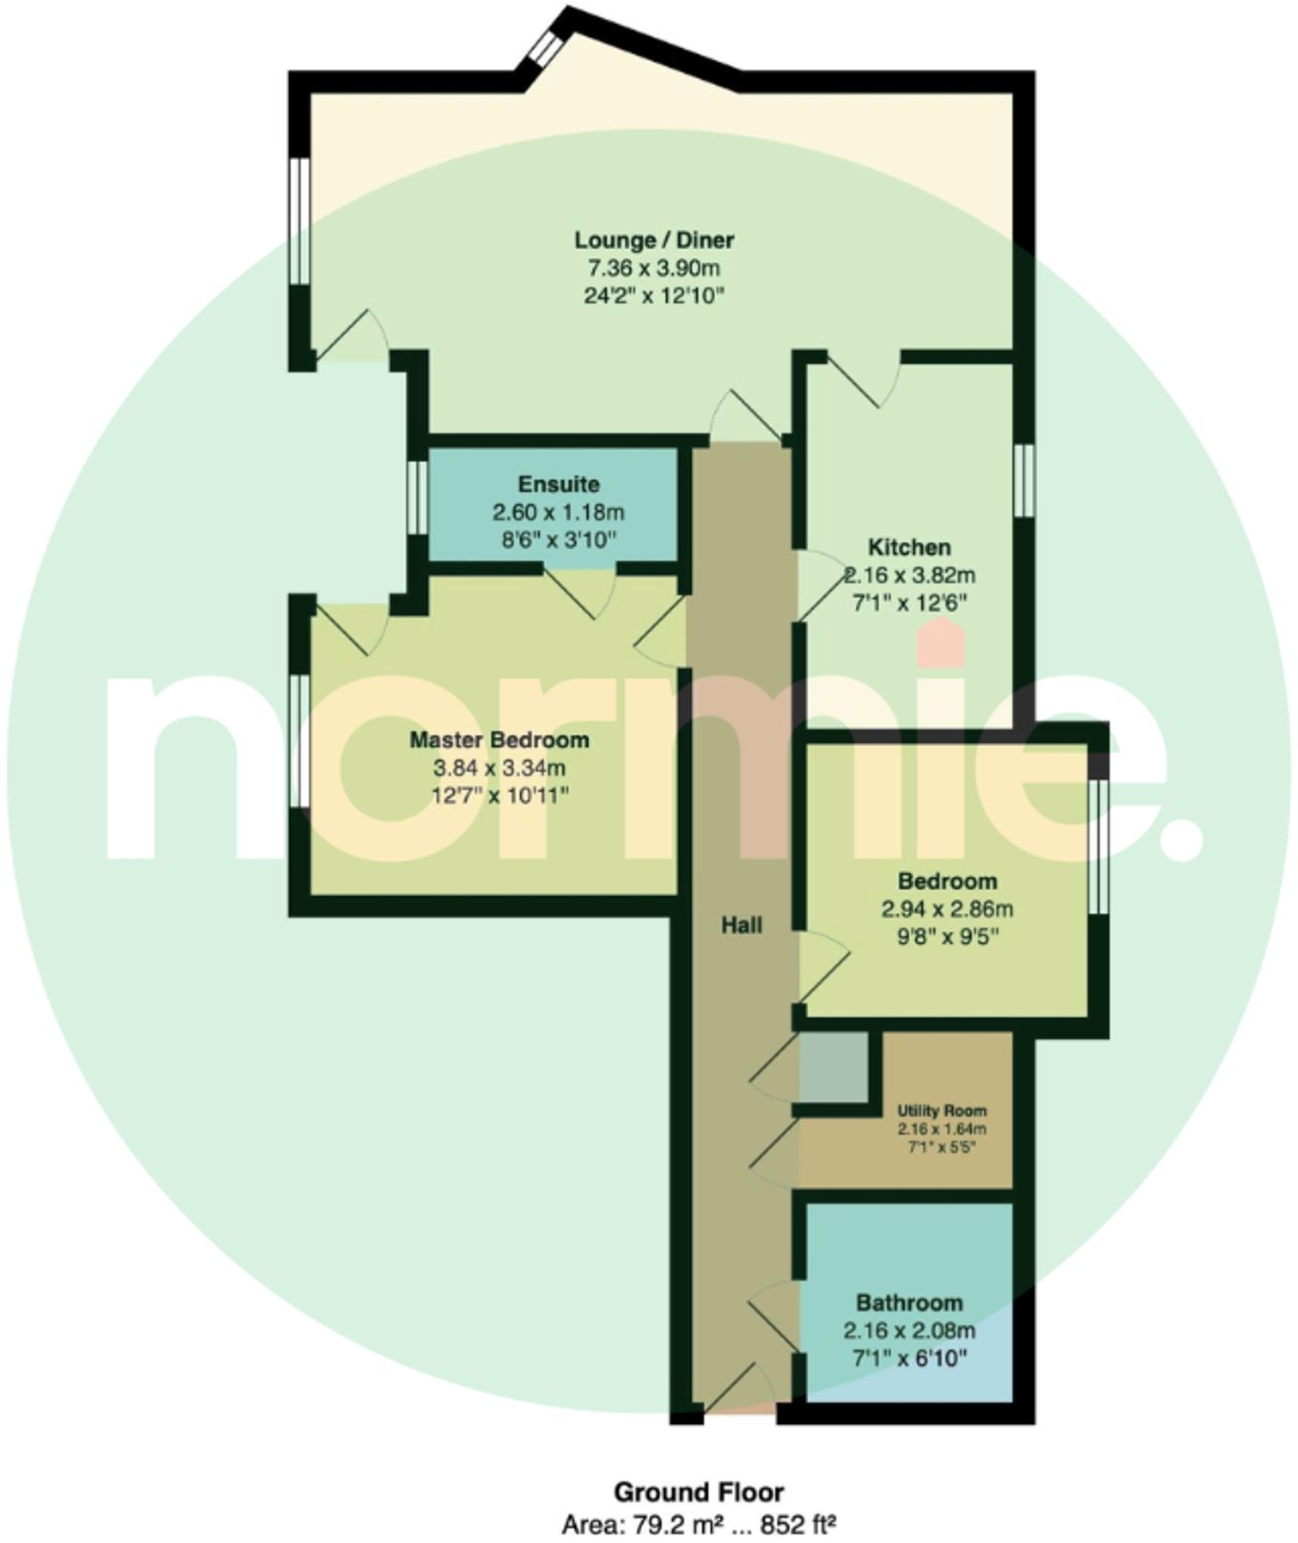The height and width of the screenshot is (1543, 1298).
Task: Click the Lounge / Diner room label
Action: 654,239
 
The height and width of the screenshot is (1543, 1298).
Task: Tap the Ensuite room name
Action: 558,484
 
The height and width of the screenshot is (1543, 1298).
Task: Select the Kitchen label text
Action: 909,548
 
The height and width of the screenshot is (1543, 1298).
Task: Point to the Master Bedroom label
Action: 499,740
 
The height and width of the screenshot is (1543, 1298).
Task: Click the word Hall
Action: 741,925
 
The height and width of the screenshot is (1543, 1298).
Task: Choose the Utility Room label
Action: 942,1110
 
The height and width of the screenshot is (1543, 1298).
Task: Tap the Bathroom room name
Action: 909,1303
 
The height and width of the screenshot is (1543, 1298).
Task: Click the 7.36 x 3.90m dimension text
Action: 654,268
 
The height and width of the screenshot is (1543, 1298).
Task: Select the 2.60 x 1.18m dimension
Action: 558,513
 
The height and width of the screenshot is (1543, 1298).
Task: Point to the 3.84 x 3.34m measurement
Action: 499,767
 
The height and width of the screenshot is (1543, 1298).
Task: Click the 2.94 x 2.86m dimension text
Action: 947,909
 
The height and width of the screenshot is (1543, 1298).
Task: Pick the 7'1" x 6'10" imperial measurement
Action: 909,1357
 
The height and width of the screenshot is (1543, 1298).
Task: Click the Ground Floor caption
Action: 699,1492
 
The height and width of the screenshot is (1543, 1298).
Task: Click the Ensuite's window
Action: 417,497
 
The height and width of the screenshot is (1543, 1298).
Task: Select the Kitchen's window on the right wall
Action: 1024,481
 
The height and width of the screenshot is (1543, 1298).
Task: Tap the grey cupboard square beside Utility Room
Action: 833,1067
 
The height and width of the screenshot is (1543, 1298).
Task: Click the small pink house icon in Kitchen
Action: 942,643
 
